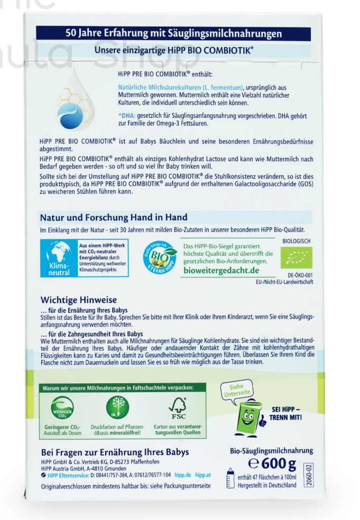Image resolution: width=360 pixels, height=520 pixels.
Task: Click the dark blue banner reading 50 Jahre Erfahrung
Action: point(174,33)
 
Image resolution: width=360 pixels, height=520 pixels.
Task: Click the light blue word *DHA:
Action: point(127,115)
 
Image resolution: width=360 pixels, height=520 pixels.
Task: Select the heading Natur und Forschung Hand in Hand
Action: point(114,217)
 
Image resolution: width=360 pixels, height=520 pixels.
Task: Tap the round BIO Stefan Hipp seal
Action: point(159,259)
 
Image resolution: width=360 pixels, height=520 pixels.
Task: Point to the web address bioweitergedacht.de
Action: point(221,271)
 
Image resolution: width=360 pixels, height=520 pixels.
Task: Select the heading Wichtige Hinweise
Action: point(79,300)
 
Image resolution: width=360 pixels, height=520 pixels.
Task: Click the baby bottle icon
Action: point(230,478)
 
